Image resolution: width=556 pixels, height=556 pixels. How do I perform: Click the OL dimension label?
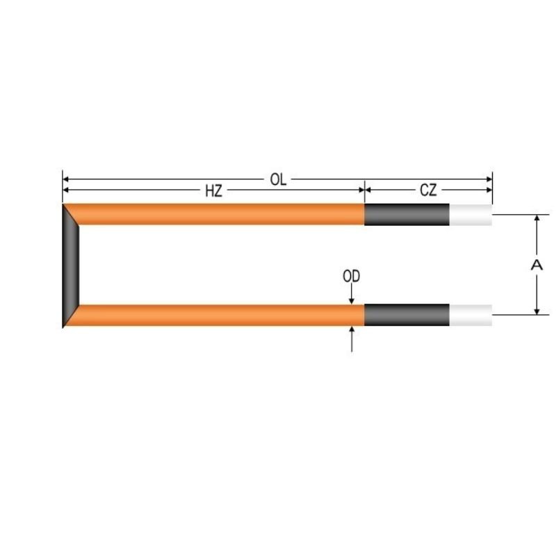[278, 179]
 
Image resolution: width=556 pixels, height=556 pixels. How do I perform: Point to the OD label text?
[352, 277]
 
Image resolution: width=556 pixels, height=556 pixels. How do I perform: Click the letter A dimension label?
[536, 264]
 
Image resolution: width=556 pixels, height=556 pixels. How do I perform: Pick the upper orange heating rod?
[222, 214]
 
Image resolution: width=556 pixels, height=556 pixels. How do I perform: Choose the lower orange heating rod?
[222, 316]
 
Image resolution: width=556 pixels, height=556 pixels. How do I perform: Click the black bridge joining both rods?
[71, 265]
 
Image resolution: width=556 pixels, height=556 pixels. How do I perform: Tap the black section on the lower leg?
[407, 316]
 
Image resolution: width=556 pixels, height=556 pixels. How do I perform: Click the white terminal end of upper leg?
[471, 214]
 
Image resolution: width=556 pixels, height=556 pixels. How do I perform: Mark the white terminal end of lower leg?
[471, 316]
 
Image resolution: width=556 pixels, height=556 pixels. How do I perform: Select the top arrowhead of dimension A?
[536, 218]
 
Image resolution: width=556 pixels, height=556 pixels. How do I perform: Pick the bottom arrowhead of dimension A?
[536, 311]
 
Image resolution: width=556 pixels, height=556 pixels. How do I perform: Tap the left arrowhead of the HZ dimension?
[67, 189]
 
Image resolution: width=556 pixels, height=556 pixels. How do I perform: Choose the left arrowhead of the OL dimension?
[67, 179]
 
